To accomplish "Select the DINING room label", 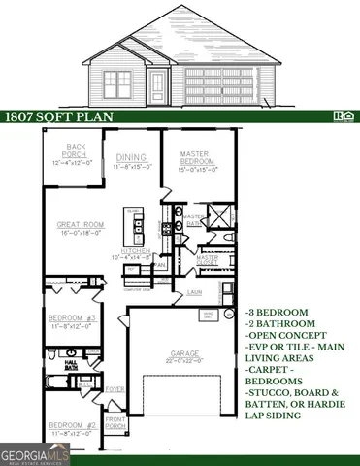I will (x=130, y=158).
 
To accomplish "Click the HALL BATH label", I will (x=70, y=363).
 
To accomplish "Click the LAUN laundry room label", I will (x=194, y=290).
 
